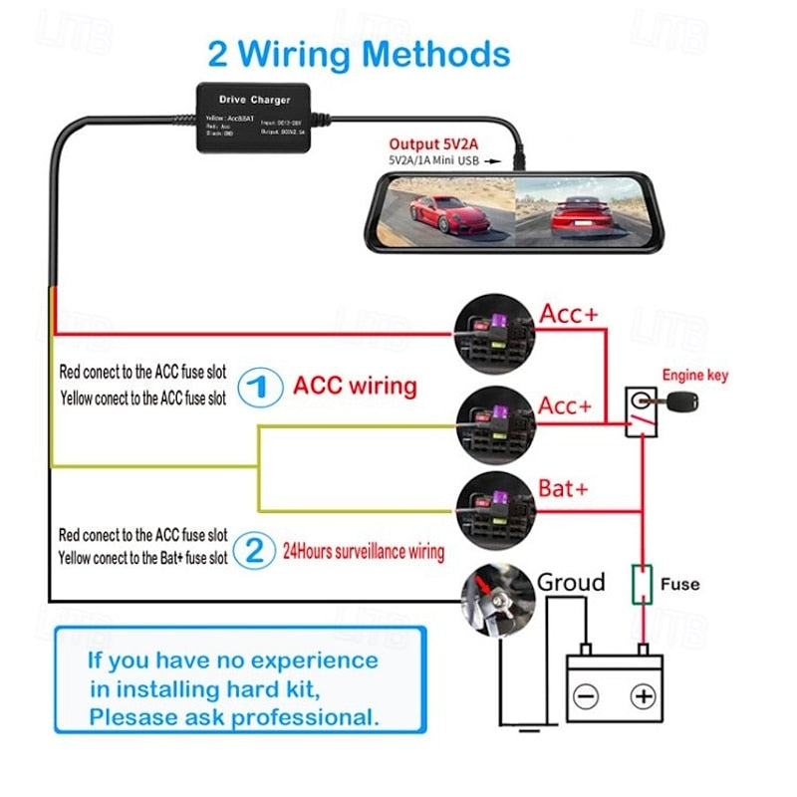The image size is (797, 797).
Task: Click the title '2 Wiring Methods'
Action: pyautogui.click(x=359, y=53)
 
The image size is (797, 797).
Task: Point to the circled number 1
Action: pyautogui.click(x=256, y=387)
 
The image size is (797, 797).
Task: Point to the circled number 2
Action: pyautogui.click(x=256, y=549)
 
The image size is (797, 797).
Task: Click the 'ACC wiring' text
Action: pyautogui.click(x=355, y=387)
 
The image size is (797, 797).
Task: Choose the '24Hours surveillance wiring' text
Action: pyautogui.click(x=363, y=550)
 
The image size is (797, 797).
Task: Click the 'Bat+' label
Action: pyautogui.click(x=564, y=489)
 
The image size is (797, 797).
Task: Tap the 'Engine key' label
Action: pyautogui.click(x=695, y=376)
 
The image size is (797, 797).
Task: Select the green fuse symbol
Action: pyautogui.click(x=643, y=584)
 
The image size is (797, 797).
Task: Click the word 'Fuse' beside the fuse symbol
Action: pyautogui.click(x=680, y=584)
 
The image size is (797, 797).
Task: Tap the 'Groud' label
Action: pyautogui.click(x=571, y=581)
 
